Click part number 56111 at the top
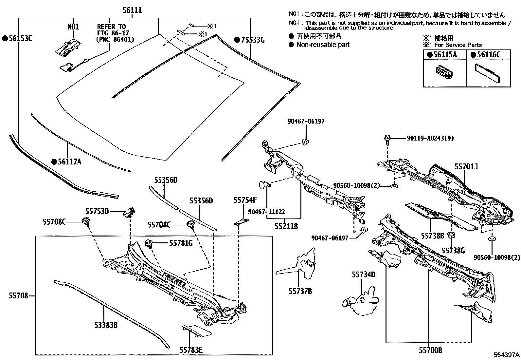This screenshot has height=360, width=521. coord(132,10)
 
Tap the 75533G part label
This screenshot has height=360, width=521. coord(252,40)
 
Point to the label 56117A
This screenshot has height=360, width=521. coord(69,161)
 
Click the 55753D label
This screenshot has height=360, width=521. coord(97,211)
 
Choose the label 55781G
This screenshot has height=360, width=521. coord(181,243)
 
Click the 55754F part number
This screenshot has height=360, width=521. coord(245,200)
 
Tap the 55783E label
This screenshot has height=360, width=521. coord(191,350)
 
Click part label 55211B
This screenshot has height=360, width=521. coord(286,226)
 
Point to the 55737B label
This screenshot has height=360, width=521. coord(300,291)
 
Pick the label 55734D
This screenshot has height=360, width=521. coord(363,275)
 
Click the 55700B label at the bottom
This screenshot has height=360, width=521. coord(430,351)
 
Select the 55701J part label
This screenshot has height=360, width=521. coord(466,167)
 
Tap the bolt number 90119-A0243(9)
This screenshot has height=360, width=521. coord(430,138)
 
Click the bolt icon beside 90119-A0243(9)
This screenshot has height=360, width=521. coord(387,139)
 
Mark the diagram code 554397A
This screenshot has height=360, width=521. coord(507,355)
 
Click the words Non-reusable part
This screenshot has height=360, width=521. coord(323,45)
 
